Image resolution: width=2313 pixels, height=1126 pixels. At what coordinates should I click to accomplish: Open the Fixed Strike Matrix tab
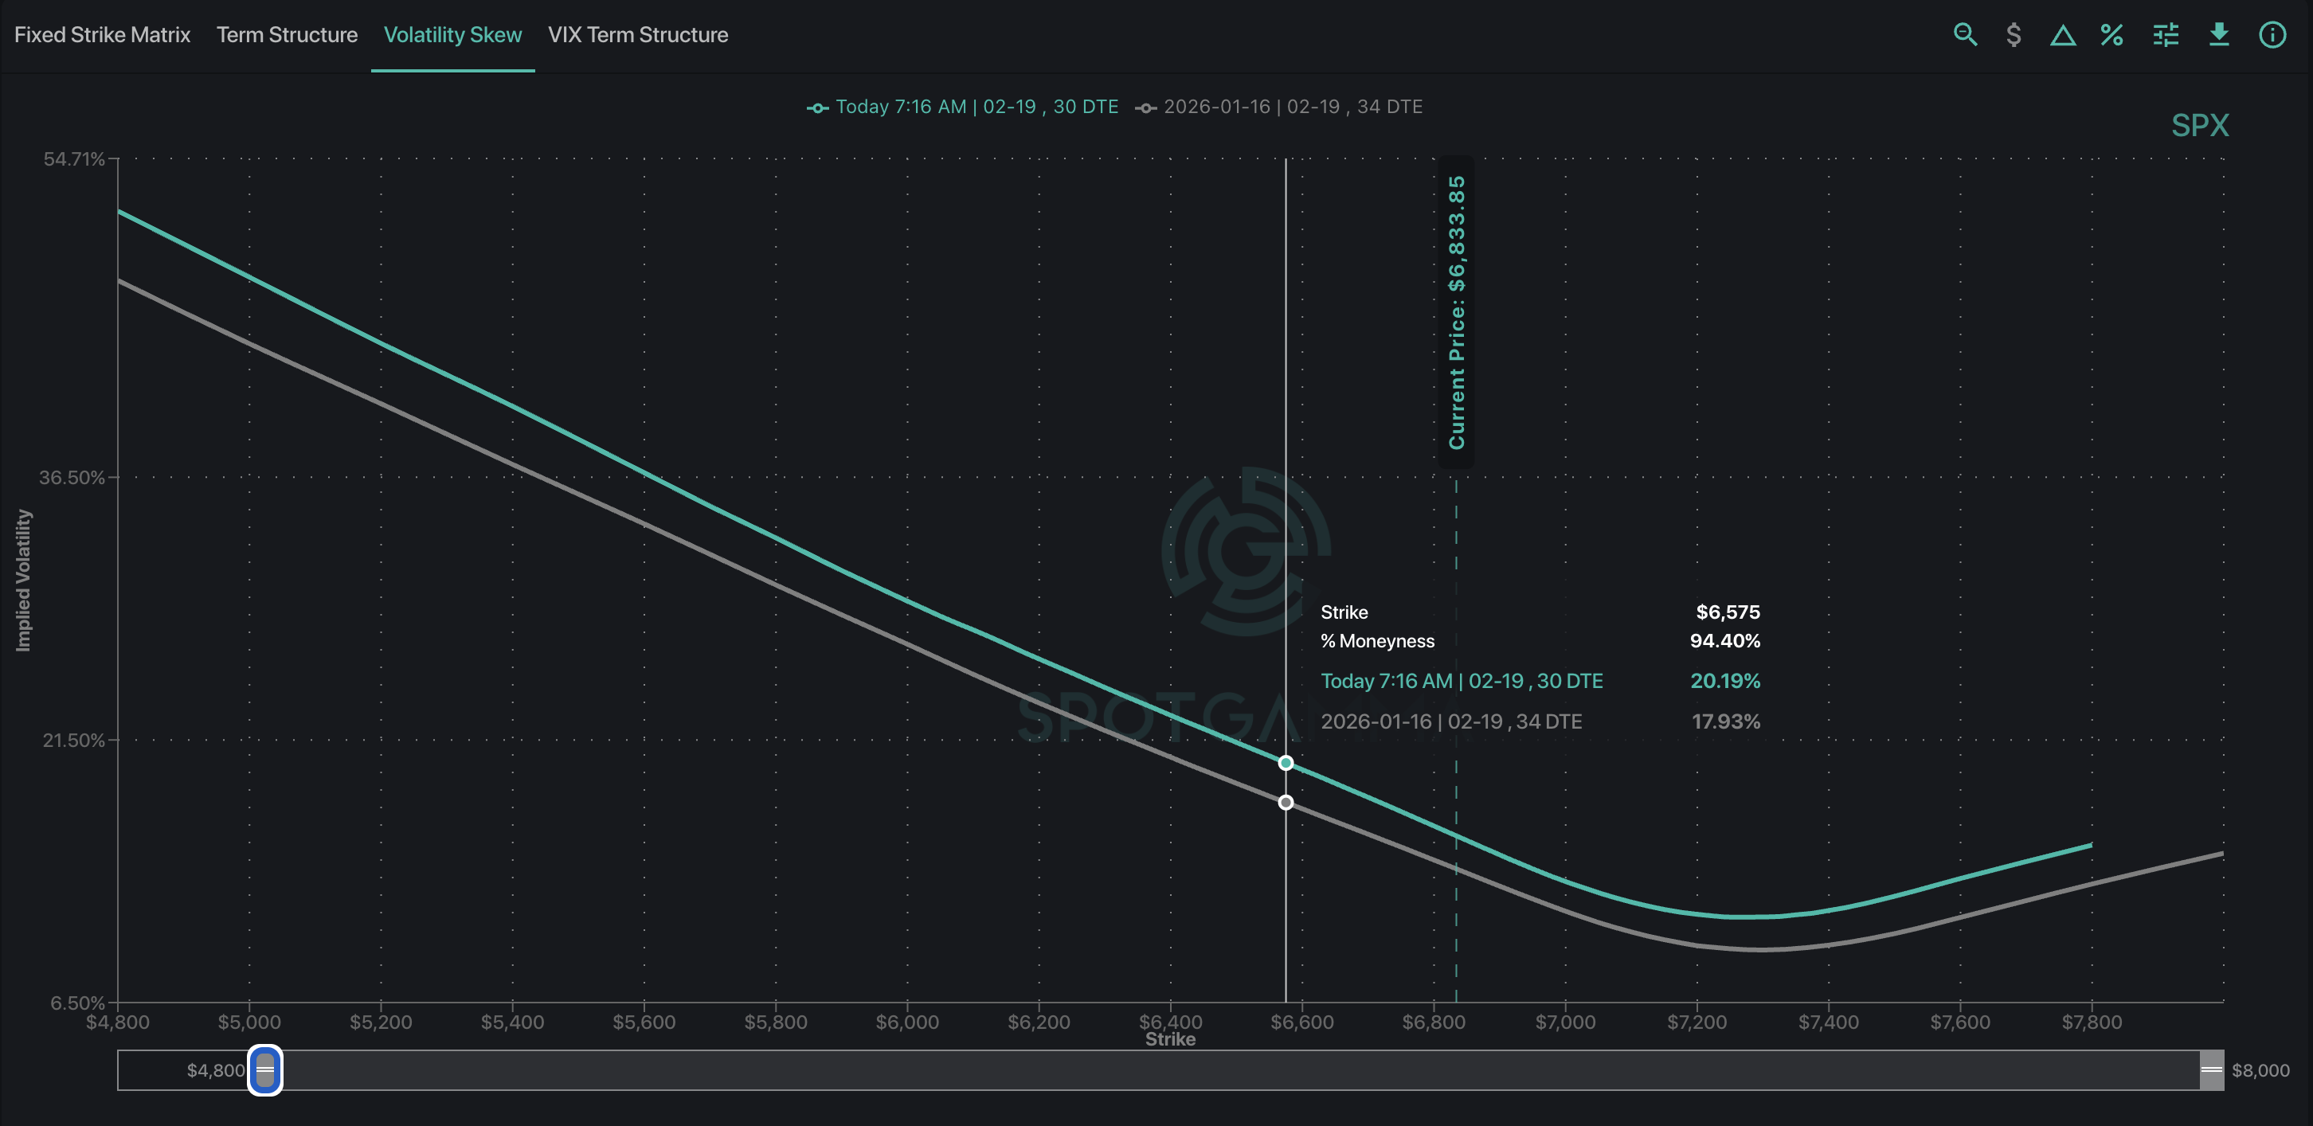coord(103,35)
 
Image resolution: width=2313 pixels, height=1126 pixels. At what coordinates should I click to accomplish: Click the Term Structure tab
coord(288,35)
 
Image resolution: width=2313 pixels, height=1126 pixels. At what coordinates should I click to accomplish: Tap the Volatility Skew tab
coord(452,35)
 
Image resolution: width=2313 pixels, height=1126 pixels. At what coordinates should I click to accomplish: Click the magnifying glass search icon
coord(1965,35)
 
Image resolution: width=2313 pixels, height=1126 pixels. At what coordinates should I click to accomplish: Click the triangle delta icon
coord(2062,36)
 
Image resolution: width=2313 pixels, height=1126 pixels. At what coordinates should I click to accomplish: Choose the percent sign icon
coord(2111,35)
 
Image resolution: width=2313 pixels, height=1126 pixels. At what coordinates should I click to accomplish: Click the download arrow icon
coord(2219,35)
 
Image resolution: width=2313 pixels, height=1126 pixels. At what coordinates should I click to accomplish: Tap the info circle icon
coord(2272,35)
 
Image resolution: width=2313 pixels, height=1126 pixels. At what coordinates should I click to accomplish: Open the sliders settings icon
coord(2166,35)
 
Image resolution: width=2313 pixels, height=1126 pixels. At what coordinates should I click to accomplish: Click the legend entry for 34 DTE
coord(1278,107)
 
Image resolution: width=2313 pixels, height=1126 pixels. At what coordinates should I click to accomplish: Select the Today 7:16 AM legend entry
coord(962,107)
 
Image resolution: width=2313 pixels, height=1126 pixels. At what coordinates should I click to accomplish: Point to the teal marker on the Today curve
coord(1286,762)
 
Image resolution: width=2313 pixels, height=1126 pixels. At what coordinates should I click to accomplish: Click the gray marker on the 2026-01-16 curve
coord(1286,802)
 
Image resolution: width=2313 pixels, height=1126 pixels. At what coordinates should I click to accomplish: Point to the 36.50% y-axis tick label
coord(72,478)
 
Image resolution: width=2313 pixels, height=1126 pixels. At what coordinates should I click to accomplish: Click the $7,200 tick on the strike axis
coord(1697,1022)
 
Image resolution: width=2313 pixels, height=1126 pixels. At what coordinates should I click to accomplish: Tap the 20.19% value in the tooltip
coord(1725,681)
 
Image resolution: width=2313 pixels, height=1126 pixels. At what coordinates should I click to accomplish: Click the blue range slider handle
coord(265,1069)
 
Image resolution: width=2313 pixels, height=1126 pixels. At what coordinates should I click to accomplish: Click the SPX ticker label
coord(2200,126)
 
